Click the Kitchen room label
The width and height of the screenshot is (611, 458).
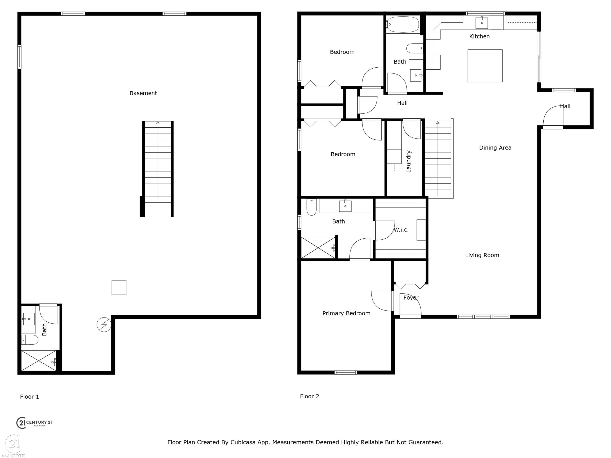point(479,36)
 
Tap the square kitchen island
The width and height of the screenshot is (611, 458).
point(485,66)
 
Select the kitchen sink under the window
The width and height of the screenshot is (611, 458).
point(481,23)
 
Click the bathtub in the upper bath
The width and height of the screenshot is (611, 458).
point(402,24)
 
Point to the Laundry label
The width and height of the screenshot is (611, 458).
point(409,161)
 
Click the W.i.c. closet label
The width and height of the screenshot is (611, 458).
point(401,230)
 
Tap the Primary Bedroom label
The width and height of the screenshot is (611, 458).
point(346,313)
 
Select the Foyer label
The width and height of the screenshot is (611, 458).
point(411,298)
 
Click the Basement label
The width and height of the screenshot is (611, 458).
point(143,93)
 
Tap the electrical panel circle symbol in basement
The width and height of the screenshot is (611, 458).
point(104,325)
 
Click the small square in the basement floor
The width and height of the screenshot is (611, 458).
point(119,287)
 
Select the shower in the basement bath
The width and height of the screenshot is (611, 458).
point(39,360)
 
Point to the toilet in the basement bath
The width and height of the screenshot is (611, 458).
point(30,340)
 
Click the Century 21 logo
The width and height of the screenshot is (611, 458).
point(34,423)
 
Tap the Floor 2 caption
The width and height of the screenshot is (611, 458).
point(309,397)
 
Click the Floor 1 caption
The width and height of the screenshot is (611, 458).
point(29,397)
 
